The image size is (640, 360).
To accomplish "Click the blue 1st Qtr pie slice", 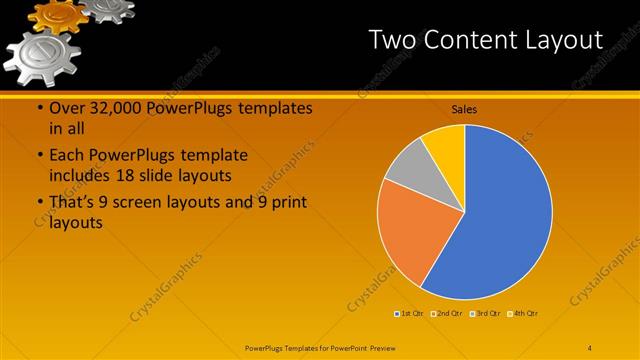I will pos(500,215).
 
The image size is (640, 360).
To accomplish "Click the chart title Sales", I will pos(464,108).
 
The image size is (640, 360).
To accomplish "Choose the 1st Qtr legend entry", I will pos(409,313).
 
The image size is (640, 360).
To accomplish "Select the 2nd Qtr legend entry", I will pos(447,313).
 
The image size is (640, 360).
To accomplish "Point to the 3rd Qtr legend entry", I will pos(485,313).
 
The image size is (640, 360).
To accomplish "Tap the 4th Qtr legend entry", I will pos(523,313).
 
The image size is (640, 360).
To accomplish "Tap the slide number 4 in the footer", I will pos(590,346).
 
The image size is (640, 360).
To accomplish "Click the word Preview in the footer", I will pos(380,346).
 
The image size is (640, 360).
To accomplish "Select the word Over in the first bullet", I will pos(65,108).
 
